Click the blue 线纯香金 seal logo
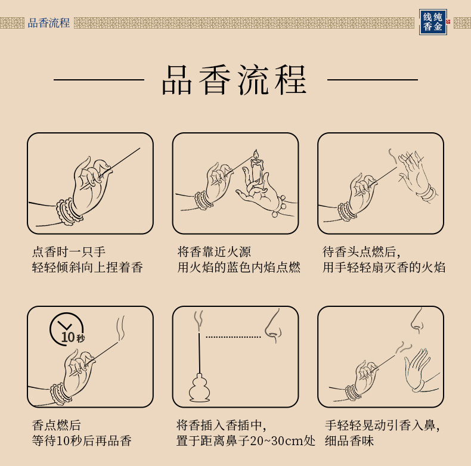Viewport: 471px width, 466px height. [433, 22]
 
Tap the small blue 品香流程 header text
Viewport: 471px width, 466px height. [49, 23]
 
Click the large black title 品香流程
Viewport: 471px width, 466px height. [234, 80]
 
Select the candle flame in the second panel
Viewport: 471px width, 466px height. [256, 154]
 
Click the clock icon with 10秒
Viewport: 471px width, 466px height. [67, 329]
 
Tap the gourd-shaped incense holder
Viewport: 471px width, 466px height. [200, 387]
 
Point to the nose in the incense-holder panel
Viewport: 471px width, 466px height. [273, 326]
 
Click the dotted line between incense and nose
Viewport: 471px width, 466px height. [233, 337]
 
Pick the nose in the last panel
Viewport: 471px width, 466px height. [417, 321]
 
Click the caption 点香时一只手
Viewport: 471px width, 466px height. [69, 251]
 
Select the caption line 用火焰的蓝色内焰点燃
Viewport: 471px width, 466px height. [239, 267]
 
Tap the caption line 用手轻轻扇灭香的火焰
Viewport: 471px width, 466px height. [384, 267]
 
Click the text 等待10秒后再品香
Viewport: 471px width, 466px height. [82, 441]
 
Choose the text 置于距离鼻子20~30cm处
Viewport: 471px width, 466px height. [246, 441]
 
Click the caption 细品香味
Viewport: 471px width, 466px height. [349, 441]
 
